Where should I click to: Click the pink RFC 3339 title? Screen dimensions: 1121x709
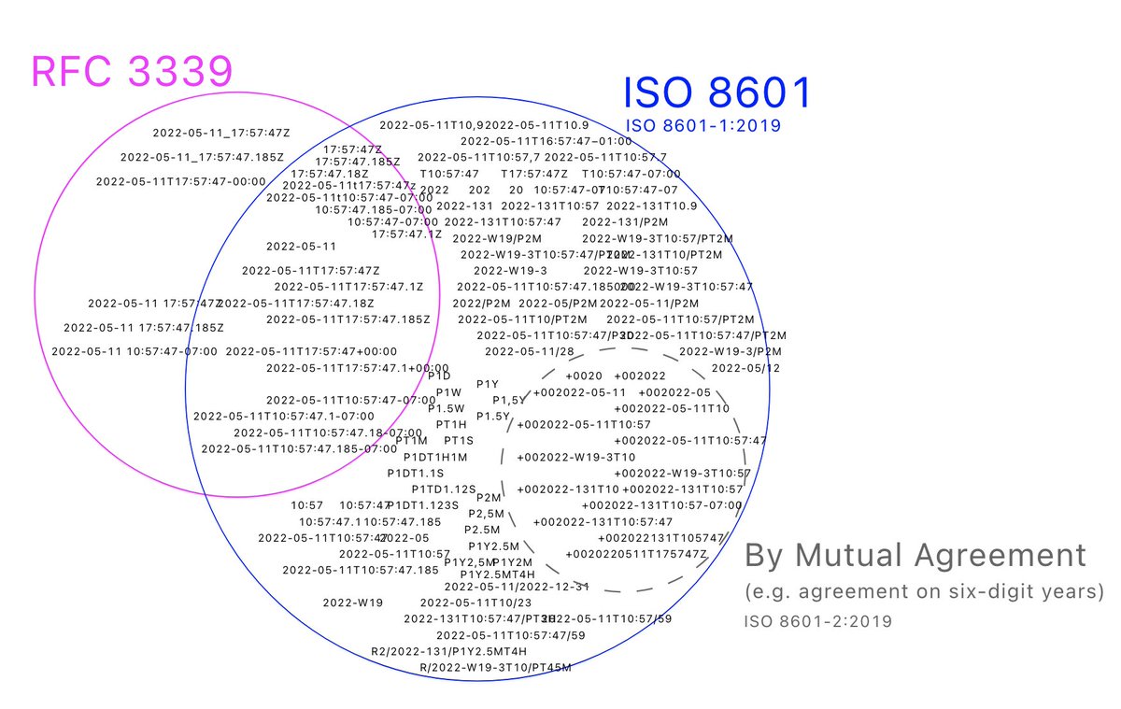click(131, 72)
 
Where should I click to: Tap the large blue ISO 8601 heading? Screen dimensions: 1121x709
click(717, 94)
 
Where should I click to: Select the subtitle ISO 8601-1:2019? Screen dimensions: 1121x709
click(702, 125)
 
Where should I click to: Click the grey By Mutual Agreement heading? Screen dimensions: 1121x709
click(915, 556)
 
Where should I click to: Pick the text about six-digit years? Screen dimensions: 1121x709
click(924, 592)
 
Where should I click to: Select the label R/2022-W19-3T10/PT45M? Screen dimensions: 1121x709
click(495, 667)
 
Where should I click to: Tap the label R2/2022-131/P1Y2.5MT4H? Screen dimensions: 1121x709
click(448, 651)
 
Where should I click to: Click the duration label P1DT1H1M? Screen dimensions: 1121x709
click(435, 457)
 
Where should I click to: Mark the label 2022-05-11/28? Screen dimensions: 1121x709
click(530, 351)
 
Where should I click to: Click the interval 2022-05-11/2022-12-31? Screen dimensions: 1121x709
click(517, 587)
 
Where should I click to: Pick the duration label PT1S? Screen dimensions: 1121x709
click(459, 440)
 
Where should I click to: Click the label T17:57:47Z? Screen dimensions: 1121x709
click(533, 174)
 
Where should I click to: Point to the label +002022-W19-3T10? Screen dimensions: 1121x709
click(575, 457)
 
